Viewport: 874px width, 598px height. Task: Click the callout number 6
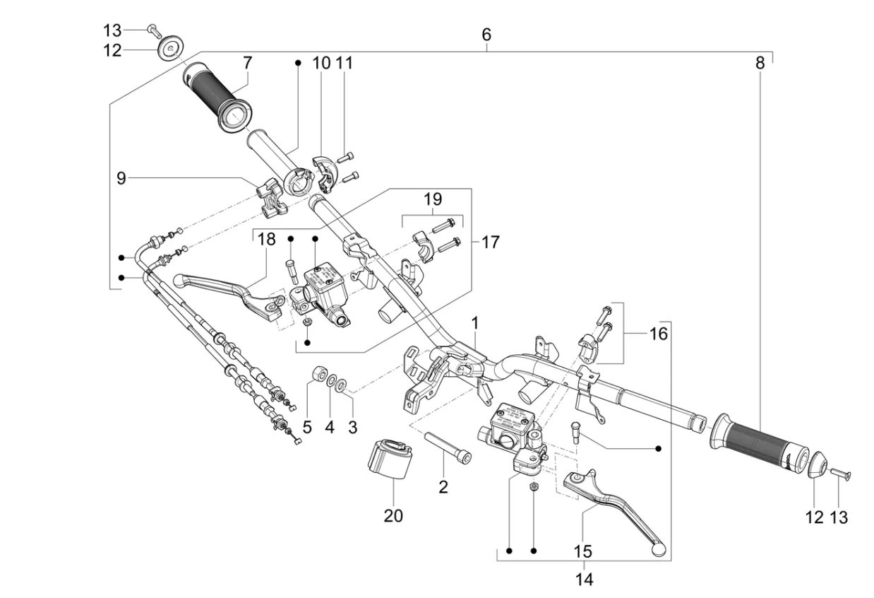[486, 35]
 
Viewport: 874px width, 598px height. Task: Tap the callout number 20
[393, 516]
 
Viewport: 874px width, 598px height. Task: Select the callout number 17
[490, 242]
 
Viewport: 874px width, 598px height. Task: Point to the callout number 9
[121, 179]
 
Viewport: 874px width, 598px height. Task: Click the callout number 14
[584, 579]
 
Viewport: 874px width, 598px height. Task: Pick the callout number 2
[443, 487]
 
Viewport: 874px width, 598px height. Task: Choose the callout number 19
[433, 199]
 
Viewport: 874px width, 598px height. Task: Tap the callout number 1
[475, 323]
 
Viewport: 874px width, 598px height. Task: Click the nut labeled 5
[320, 374]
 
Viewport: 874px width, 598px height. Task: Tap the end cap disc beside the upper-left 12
[171, 49]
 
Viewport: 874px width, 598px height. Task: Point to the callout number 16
[659, 334]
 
